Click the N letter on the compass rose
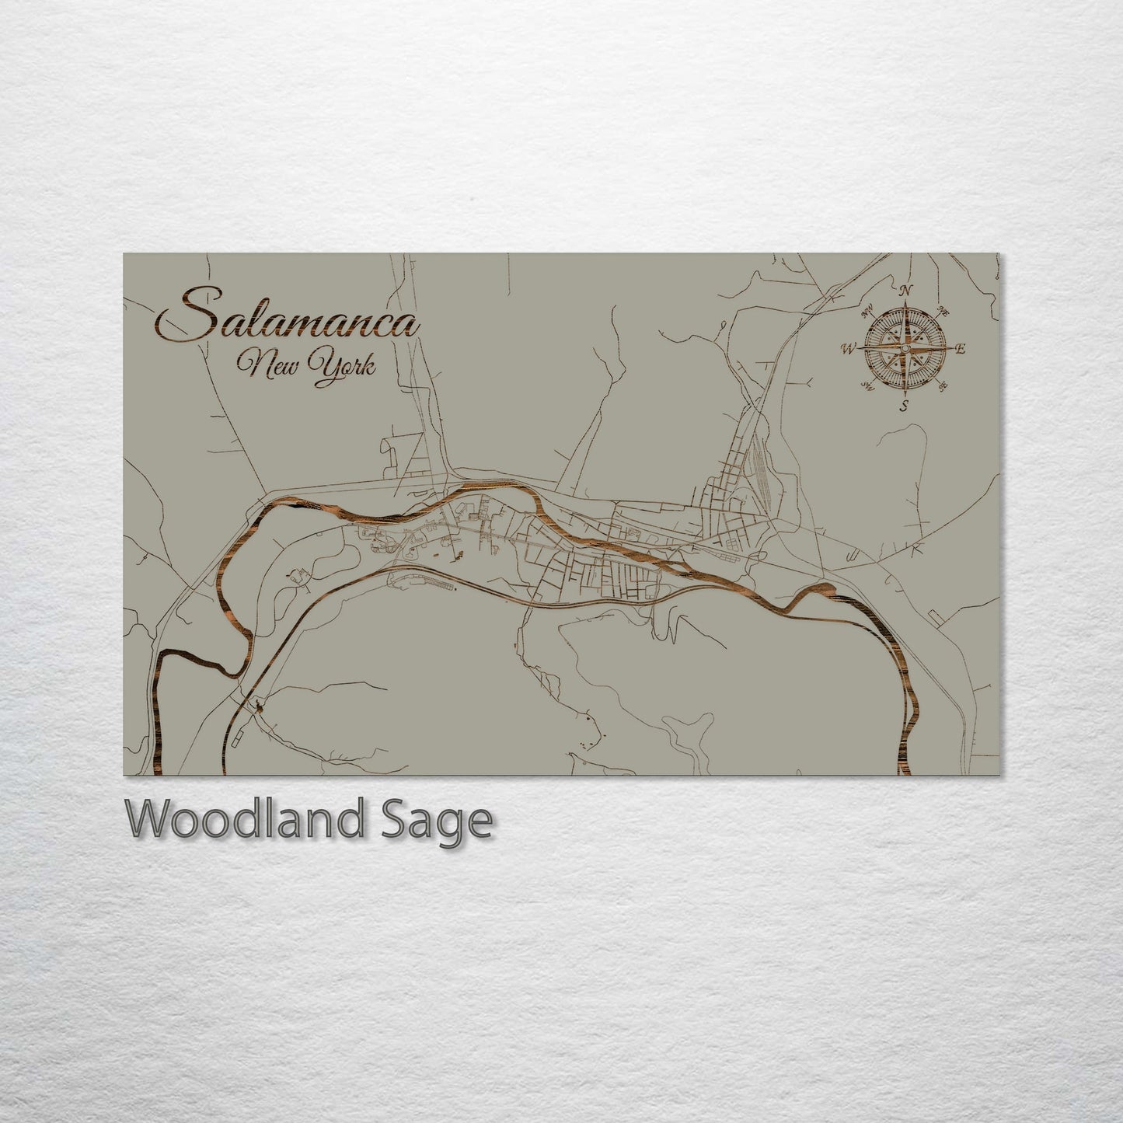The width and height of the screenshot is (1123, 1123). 905,291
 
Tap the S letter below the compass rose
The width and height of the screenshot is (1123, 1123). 904,406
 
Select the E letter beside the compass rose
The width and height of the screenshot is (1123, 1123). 960,350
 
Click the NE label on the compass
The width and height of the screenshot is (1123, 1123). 944,311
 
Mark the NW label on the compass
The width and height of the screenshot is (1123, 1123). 867,313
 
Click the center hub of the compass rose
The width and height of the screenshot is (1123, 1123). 904,349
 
